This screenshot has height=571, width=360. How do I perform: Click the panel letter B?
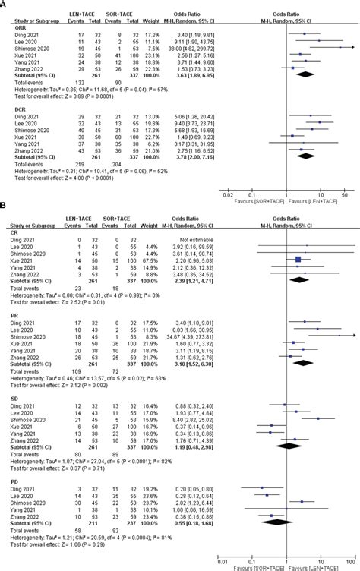pyautogui.click(x=4, y=227)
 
